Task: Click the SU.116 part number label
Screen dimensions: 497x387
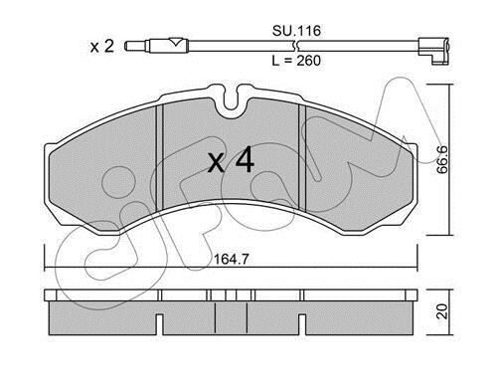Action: (x=296, y=31)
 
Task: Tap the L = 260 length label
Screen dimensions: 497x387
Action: (x=296, y=61)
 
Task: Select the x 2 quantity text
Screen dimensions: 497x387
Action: (x=102, y=46)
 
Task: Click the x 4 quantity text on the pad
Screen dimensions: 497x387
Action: (x=231, y=161)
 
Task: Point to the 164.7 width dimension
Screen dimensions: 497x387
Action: (x=231, y=259)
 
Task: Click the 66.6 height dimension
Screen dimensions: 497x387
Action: (x=442, y=159)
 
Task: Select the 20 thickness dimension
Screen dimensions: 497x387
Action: (x=442, y=311)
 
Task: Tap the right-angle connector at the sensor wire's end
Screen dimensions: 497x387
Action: (x=433, y=51)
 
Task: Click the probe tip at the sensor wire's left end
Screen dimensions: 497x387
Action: (x=136, y=46)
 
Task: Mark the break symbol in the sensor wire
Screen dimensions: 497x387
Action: (x=296, y=46)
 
